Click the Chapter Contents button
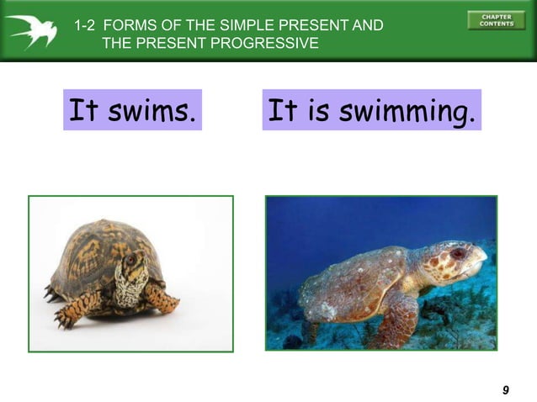click(x=496, y=20)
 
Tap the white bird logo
click(x=34, y=31)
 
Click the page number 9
click(x=505, y=389)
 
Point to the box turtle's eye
click(x=130, y=260)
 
